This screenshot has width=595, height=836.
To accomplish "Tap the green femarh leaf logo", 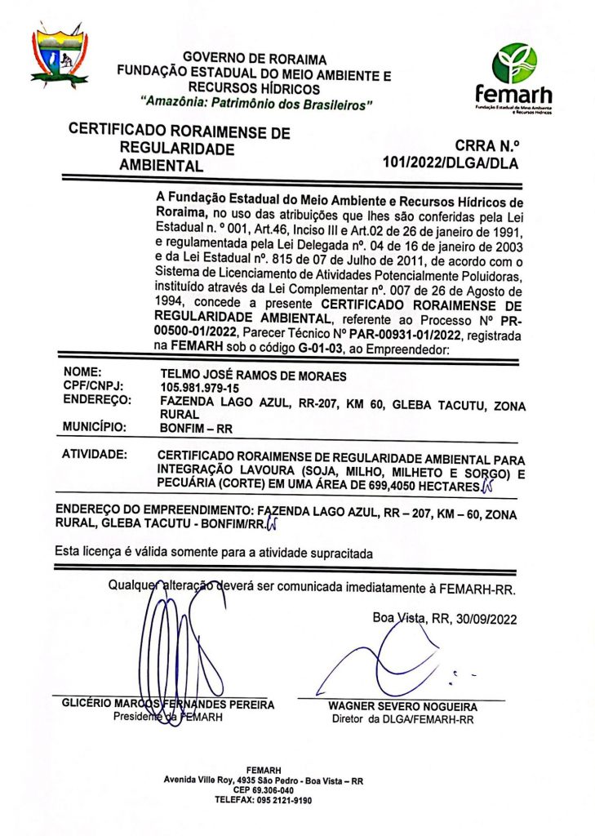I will click(x=515, y=63).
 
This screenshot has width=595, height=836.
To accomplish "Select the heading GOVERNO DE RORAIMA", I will click(x=254, y=59).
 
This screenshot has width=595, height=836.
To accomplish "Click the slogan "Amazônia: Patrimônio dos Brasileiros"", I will click(x=256, y=104).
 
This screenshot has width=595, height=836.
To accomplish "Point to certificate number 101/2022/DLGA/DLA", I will click(x=450, y=163).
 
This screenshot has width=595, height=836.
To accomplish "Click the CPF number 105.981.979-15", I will click(x=200, y=387).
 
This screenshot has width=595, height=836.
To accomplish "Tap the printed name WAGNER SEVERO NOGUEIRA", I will click(x=402, y=706).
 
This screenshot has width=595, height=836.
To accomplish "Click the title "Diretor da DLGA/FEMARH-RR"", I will click(x=402, y=719).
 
